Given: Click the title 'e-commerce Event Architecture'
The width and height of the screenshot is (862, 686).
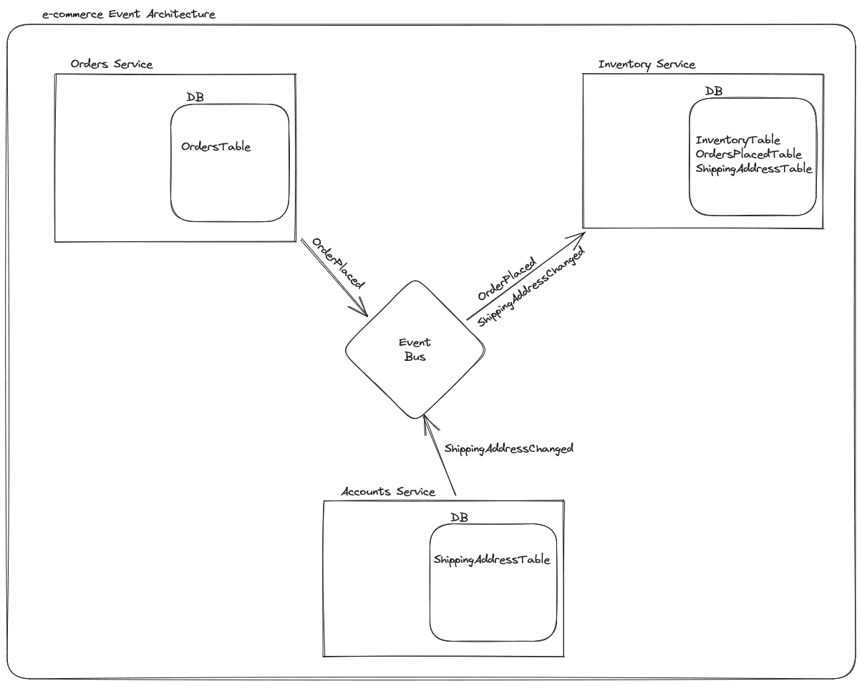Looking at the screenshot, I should pyautogui.click(x=129, y=14).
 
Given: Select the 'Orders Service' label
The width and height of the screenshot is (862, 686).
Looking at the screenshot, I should pyautogui.click(x=112, y=64).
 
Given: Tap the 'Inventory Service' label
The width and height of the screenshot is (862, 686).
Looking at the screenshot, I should pyautogui.click(x=646, y=64).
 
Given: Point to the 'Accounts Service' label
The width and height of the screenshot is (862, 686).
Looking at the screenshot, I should pyautogui.click(x=388, y=491).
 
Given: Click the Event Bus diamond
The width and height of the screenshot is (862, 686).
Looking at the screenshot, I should pyautogui.click(x=415, y=349).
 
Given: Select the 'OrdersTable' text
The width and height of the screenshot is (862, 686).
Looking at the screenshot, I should pyautogui.click(x=216, y=146).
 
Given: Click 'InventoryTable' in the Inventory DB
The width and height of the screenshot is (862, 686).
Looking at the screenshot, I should pyautogui.click(x=738, y=140).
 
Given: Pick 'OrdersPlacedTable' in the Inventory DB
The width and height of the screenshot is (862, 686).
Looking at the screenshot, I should pyautogui.click(x=748, y=154).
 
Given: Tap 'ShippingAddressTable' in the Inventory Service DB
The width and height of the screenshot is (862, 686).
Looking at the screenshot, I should pyautogui.click(x=754, y=169).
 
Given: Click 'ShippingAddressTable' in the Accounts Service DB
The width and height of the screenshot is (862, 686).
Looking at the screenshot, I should pyautogui.click(x=492, y=559).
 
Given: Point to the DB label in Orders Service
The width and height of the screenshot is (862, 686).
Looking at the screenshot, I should pyautogui.click(x=194, y=97).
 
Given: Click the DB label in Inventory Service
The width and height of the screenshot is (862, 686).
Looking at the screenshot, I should pyautogui.click(x=714, y=91).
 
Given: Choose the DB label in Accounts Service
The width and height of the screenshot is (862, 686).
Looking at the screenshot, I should pyautogui.click(x=459, y=517).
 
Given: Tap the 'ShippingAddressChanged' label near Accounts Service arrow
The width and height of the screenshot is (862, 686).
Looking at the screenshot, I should pyautogui.click(x=509, y=449).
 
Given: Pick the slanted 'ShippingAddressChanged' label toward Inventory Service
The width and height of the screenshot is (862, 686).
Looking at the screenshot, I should pyautogui.click(x=532, y=287).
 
